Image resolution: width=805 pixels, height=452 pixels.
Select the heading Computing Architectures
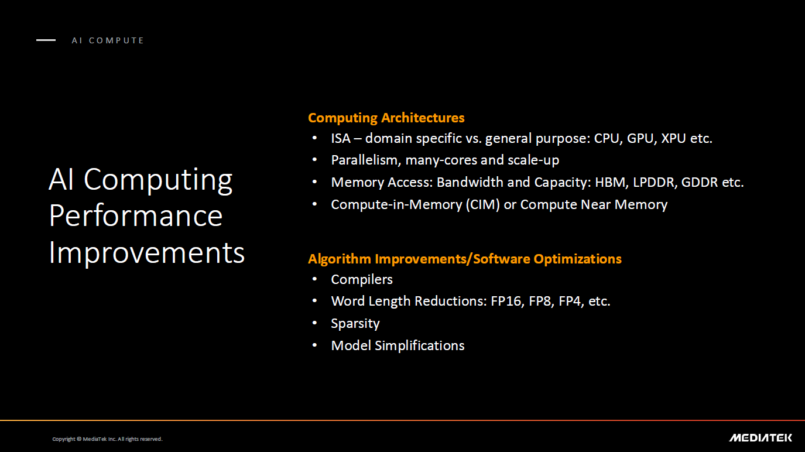coord(386,118)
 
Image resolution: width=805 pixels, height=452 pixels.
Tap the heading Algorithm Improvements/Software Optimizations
coord(464,259)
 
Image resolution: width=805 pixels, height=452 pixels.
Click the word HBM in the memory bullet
coord(610,182)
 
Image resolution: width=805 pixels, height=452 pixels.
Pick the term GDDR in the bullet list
coord(700,182)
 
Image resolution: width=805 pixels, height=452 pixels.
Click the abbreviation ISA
coord(340,139)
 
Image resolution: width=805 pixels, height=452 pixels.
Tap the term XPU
coord(675,139)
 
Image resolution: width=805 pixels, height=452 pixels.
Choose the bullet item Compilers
coord(362,279)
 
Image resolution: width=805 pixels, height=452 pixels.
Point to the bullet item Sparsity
coord(355,323)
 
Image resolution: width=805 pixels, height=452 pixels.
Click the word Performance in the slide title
coord(136,216)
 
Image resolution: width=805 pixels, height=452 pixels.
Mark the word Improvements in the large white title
coord(147,253)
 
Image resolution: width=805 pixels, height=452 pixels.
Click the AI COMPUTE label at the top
coord(108,40)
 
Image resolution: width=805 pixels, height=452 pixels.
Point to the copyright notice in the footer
coord(107,439)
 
